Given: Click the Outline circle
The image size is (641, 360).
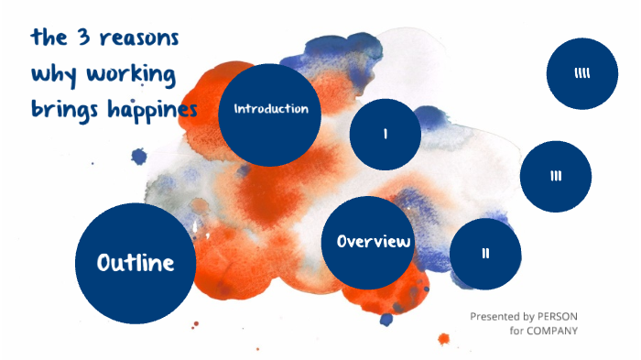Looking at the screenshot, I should [x=135, y=264].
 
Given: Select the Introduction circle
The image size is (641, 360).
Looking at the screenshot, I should [x=270, y=115].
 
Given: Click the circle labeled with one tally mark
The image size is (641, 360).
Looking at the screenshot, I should [x=386, y=135].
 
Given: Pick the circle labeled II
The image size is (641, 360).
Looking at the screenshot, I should [x=486, y=254].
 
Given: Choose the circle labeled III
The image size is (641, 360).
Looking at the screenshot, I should [x=556, y=177].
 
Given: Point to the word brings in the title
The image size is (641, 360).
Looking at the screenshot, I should [x=62, y=110].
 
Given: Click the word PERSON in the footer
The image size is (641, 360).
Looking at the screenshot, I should [x=557, y=316].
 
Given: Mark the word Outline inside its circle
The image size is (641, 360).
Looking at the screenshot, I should [x=135, y=264].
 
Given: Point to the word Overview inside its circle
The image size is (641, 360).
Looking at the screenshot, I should [x=373, y=243].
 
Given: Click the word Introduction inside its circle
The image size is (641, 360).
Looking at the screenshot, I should [x=270, y=109].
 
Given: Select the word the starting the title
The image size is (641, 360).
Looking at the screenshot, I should [x=46, y=39].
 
